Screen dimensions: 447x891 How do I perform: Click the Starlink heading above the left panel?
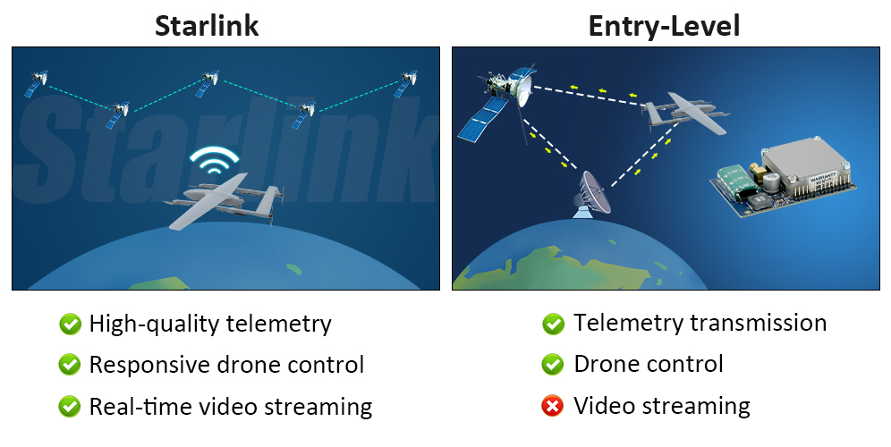click(x=207, y=25)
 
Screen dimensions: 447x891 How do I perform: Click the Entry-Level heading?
click(x=664, y=25)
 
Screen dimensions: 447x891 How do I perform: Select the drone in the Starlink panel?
click(x=225, y=202)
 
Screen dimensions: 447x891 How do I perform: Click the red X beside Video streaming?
click(x=553, y=407)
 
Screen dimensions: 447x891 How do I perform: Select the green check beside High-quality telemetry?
click(x=69, y=324)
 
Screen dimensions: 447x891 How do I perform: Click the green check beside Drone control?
click(x=553, y=365)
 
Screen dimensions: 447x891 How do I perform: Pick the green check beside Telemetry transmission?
click(x=553, y=324)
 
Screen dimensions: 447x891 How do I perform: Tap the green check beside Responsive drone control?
click(x=69, y=365)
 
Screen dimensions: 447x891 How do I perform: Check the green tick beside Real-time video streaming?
click(x=69, y=407)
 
